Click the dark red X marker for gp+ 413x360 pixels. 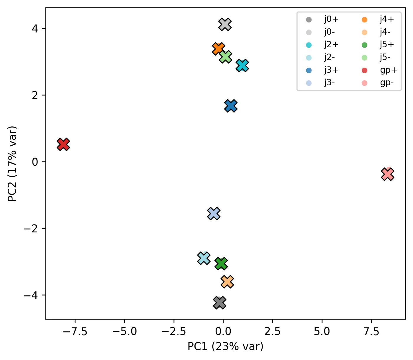[63, 144]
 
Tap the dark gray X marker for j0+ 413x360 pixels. [219, 303]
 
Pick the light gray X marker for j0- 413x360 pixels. [225, 25]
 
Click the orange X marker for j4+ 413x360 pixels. [218, 49]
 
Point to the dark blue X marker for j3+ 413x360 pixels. [231, 106]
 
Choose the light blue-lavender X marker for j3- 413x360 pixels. [214, 213]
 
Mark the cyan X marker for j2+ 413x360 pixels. [242, 66]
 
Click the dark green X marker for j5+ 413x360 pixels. [221, 264]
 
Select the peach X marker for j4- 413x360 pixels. [227, 282]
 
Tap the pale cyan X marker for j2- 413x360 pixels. [204, 258]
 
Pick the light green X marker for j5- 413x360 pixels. [225, 57]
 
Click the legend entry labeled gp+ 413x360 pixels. [379, 70]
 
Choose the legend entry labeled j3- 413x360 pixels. [321, 83]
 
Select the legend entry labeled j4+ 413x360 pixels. [378, 19]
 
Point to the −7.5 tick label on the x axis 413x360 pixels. [75, 332]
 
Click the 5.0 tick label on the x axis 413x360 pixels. [322, 332]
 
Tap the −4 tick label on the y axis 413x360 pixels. [31, 295]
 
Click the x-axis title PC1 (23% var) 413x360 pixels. [225, 346]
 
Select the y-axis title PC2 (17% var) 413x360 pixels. [12, 164]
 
